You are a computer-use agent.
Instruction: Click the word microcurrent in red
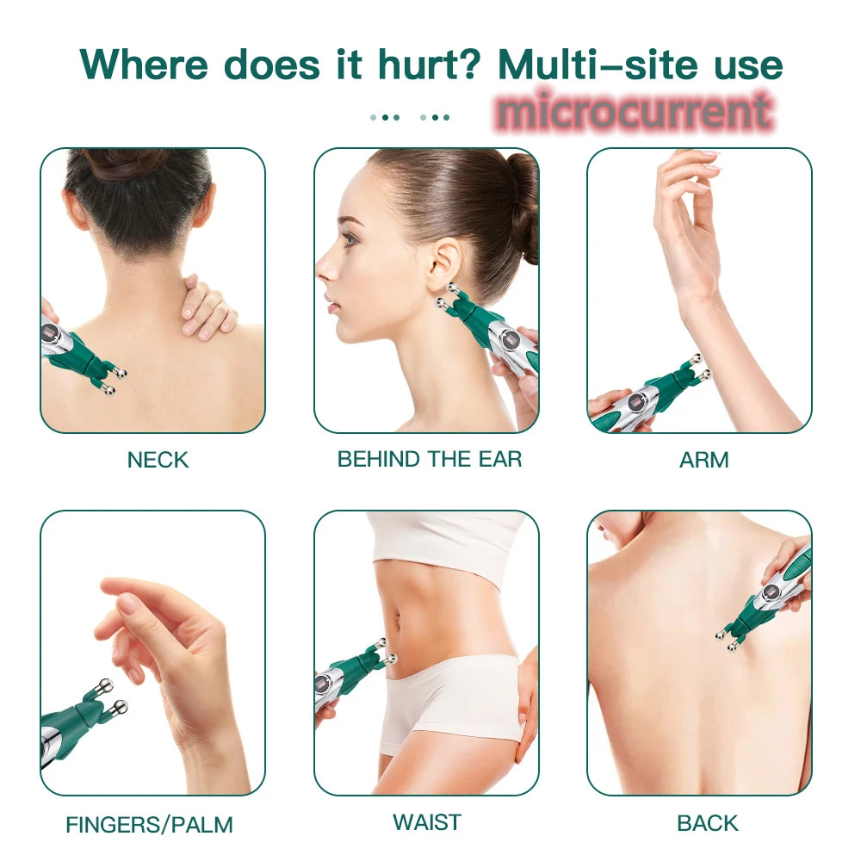point(634,112)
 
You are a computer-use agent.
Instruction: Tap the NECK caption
point(158,460)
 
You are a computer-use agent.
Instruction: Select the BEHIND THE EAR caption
point(430,459)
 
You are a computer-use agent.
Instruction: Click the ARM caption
point(703,460)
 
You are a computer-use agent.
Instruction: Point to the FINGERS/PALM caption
point(149,825)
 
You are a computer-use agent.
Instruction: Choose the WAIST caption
point(427,822)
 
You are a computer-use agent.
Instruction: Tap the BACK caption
point(708,823)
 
